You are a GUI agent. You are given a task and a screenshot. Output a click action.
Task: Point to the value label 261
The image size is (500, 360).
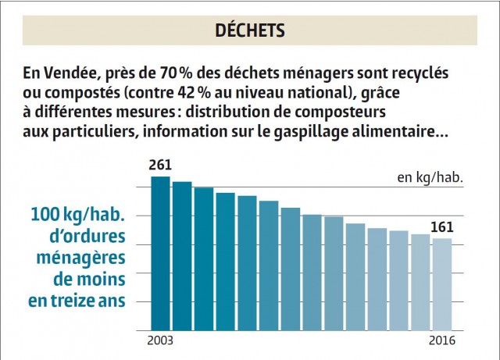point(160,166)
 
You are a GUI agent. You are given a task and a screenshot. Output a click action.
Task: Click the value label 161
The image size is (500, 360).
point(442,228)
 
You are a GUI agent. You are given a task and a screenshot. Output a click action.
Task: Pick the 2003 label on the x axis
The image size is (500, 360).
point(160,340)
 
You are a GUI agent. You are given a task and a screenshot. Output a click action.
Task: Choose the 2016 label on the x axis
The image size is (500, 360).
point(441,340)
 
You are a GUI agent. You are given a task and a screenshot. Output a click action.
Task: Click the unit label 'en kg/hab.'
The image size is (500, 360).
point(430,177)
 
